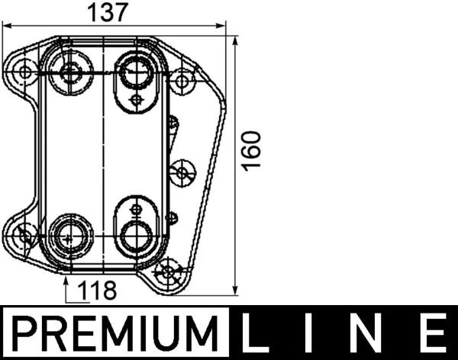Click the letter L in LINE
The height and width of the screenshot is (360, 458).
pyautogui.click(x=257, y=334)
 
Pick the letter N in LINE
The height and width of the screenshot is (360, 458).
pyautogui.click(x=370, y=334)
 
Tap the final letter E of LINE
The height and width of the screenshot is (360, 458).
pyautogui.click(x=433, y=334)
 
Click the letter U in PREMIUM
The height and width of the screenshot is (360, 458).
pyautogui.click(x=173, y=334)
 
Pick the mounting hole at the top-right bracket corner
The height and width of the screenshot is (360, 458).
pyautogui.click(x=183, y=79)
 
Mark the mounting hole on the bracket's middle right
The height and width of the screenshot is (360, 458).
pyautogui.click(x=182, y=172)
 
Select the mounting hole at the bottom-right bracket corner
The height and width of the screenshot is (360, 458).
pyautogui.click(x=169, y=272)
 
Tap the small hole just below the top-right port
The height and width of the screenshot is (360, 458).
pyautogui.click(x=136, y=100)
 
